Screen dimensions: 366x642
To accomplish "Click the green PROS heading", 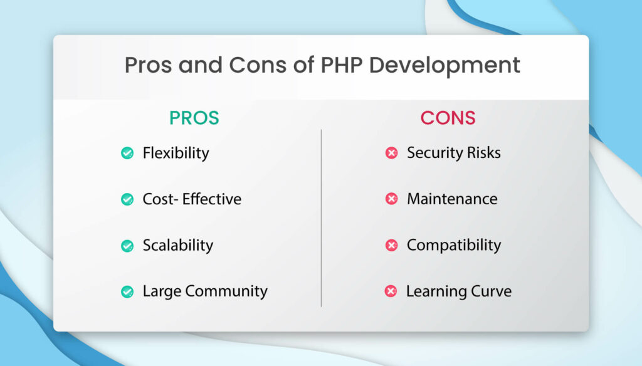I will (x=194, y=118).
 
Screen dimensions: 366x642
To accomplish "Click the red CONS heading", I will (x=448, y=118).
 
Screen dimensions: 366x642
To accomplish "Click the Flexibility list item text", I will (x=176, y=153).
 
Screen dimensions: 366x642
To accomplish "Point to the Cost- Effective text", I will (x=192, y=199).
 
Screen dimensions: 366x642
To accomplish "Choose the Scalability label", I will (x=177, y=246).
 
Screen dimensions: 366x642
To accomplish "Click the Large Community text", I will (x=205, y=291).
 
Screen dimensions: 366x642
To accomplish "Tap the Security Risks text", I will (x=453, y=153).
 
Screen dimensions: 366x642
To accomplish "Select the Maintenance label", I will (x=452, y=199).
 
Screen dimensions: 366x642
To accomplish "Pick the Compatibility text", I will (x=453, y=246).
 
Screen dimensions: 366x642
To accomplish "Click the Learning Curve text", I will (x=458, y=291).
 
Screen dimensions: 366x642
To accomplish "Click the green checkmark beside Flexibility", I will (x=127, y=153).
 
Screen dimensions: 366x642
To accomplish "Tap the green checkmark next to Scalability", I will (x=127, y=246).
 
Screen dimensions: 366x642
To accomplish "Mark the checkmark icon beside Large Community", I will (x=127, y=291).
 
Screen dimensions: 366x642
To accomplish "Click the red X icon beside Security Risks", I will (x=391, y=153).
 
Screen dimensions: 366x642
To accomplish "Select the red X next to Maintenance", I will (x=391, y=199).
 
